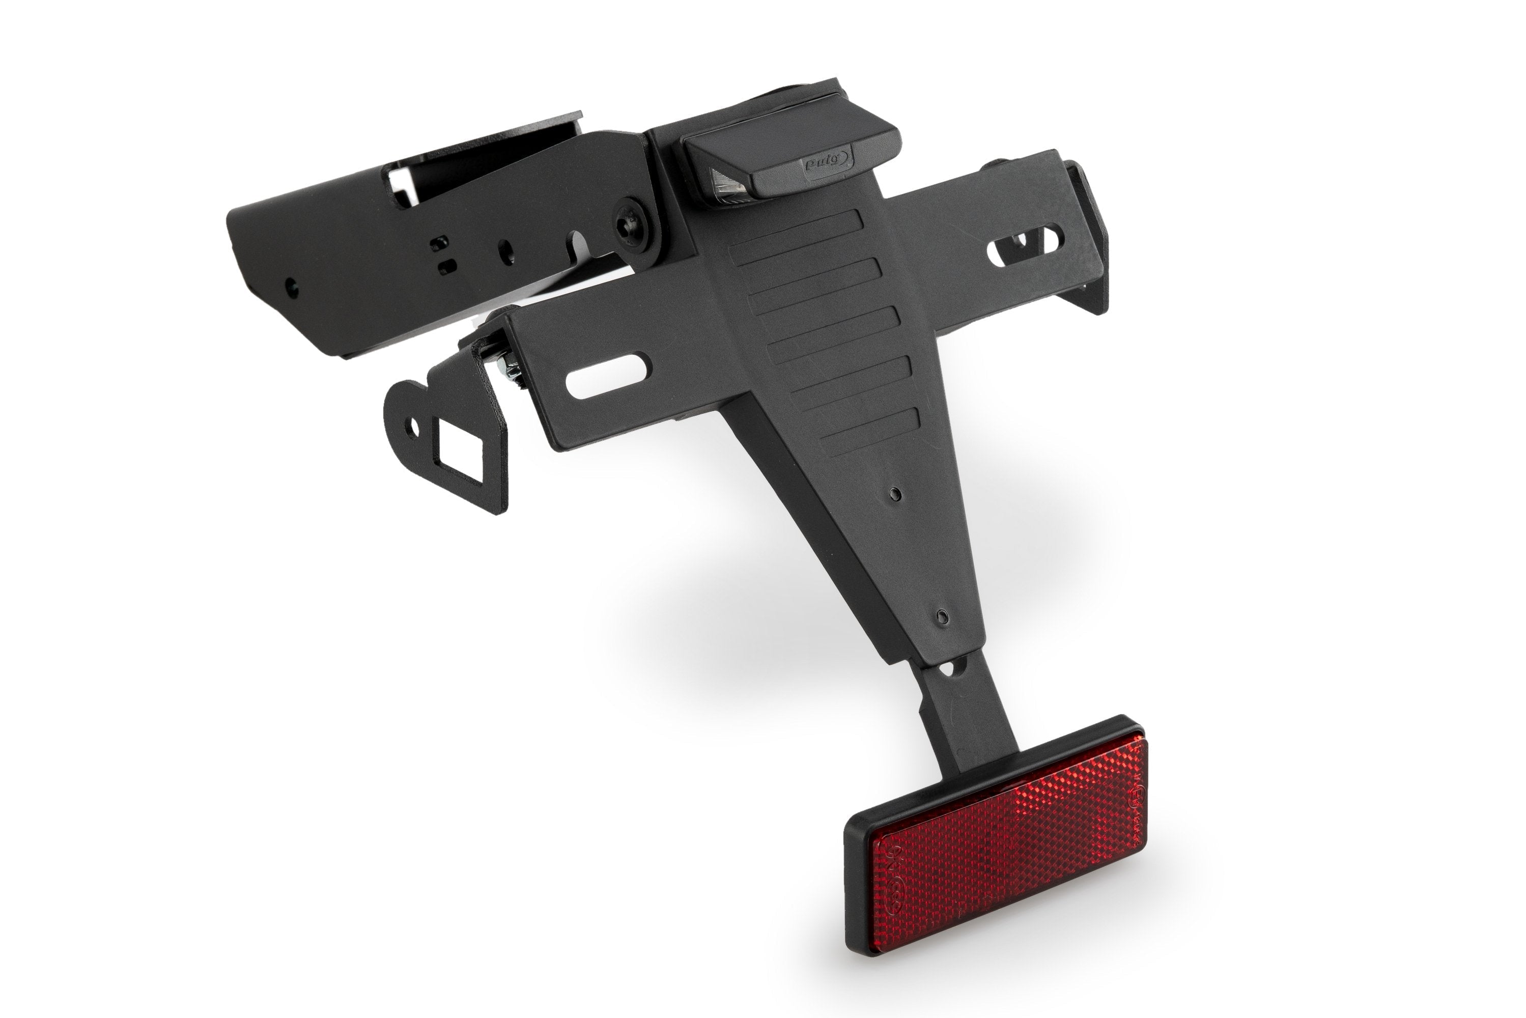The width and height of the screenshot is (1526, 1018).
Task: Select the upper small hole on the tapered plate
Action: click(896, 495)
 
